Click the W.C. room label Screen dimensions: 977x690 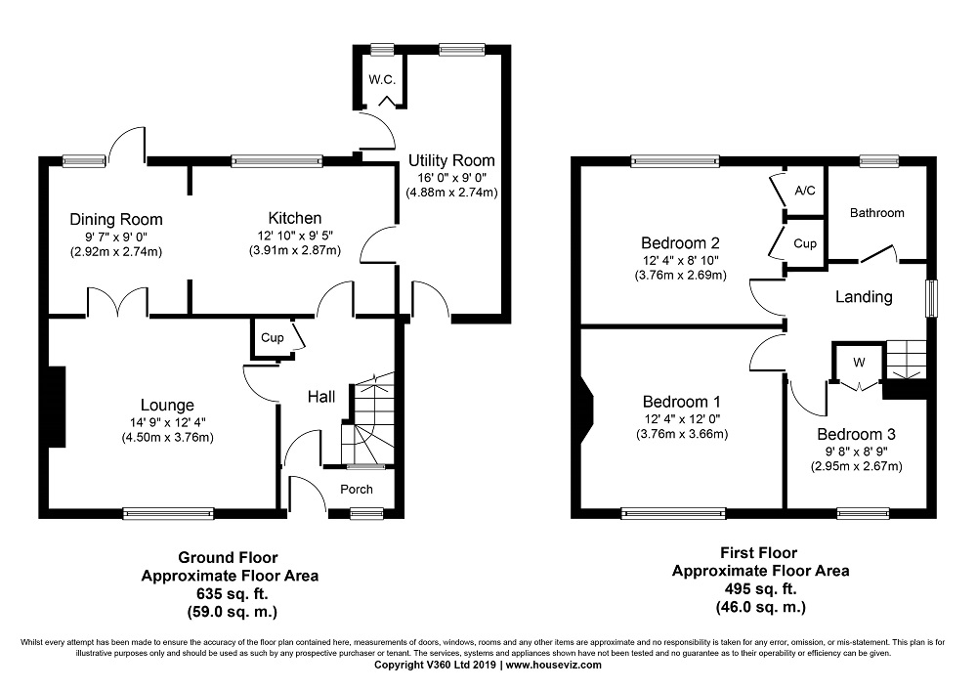(382, 80)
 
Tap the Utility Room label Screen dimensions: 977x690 (451, 160)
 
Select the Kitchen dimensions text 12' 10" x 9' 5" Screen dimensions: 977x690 (295, 236)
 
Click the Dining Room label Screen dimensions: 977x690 (116, 219)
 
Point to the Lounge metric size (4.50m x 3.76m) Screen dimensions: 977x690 (168, 438)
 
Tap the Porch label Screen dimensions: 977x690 (357, 490)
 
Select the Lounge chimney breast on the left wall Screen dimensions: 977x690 (57, 407)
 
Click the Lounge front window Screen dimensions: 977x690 (168, 514)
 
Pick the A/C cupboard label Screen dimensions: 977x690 (805, 191)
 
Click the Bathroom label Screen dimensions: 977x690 (877, 213)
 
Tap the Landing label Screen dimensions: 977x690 (864, 297)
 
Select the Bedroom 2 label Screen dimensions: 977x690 (680, 243)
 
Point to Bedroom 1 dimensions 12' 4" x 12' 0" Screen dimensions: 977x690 (682, 419)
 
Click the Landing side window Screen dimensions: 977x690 (931, 298)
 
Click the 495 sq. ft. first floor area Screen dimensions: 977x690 (760, 588)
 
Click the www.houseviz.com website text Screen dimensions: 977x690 (554, 665)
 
